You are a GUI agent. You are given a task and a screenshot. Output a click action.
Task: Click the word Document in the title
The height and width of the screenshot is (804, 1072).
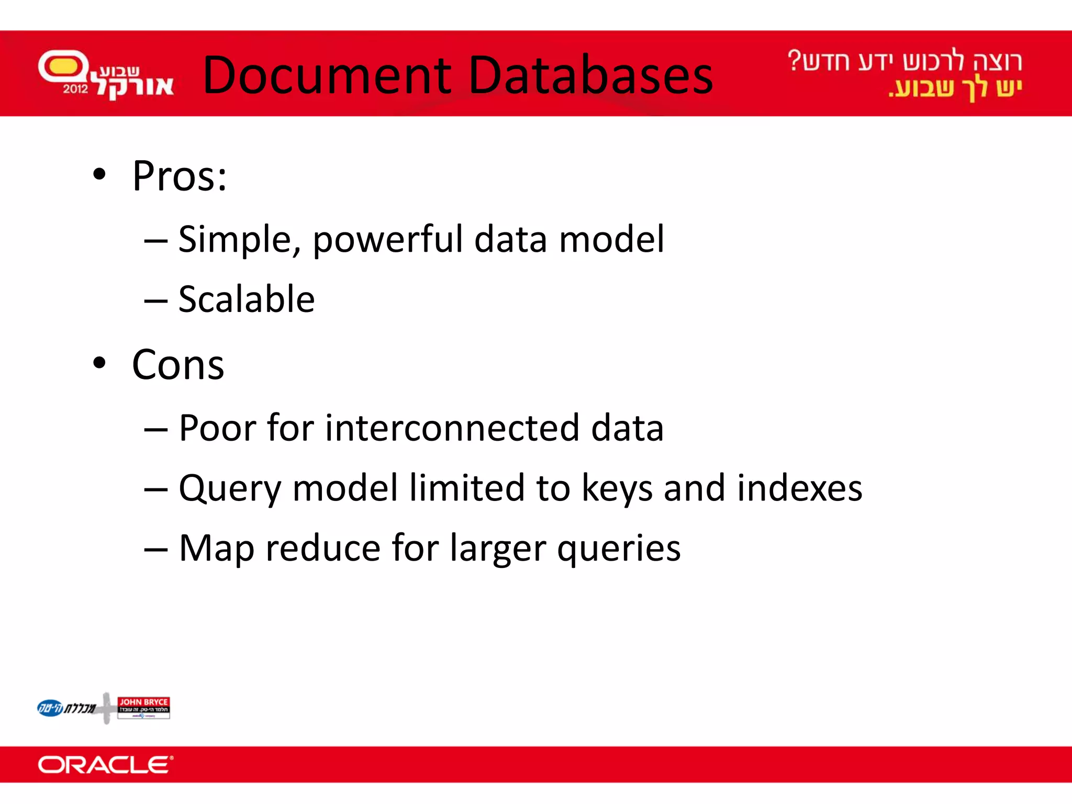(x=327, y=75)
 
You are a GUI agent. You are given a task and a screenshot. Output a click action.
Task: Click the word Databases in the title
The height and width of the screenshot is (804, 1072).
(x=591, y=75)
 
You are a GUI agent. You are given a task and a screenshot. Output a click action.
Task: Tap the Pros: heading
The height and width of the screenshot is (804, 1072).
(x=180, y=176)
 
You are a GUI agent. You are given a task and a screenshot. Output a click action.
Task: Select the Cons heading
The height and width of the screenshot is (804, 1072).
(x=178, y=365)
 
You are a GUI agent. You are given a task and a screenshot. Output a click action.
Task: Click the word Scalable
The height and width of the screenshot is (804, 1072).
(x=247, y=299)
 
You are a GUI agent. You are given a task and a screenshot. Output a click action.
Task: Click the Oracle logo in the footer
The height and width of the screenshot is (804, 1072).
(x=105, y=765)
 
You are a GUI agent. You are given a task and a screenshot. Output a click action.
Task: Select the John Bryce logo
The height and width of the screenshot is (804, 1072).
(x=143, y=708)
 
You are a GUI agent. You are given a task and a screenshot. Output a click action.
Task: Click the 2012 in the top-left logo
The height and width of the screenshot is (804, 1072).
(x=75, y=89)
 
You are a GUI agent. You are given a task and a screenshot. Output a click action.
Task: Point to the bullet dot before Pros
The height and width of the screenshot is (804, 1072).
(x=99, y=174)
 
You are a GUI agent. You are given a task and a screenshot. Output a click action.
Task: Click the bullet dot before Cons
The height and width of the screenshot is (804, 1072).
(x=99, y=363)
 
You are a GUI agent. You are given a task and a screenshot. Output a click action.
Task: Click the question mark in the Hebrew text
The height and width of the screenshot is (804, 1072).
(x=795, y=61)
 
